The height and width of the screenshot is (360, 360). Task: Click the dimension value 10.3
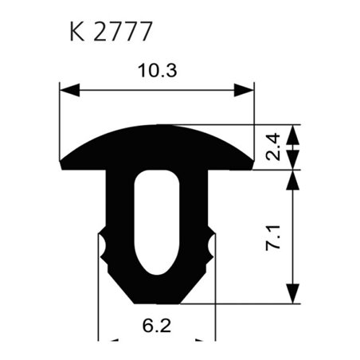[156, 70]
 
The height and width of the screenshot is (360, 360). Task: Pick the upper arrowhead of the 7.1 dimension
[295, 177]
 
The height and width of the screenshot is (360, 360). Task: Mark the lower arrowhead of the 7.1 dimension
[295, 295]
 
